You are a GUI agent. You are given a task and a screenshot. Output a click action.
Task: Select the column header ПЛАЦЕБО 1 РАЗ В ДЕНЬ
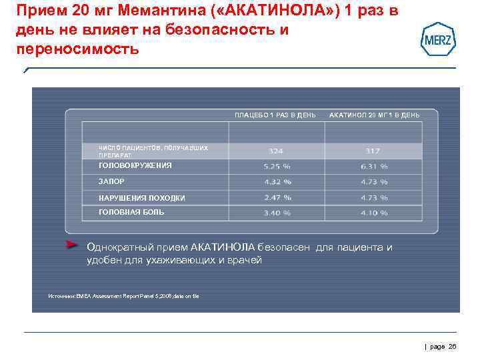click(275, 115)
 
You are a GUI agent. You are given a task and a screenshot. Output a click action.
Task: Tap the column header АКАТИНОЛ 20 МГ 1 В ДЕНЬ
click(375, 115)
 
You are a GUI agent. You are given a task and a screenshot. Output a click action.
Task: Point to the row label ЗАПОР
click(111, 181)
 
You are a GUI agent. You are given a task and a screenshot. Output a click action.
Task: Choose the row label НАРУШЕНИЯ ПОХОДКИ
click(142, 198)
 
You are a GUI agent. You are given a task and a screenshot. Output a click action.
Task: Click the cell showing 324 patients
click(276, 151)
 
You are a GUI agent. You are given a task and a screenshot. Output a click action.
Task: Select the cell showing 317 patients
click(373, 151)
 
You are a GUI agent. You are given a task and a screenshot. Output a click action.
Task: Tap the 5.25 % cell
click(277, 167)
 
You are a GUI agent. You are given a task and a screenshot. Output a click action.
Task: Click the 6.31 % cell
click(374, 167)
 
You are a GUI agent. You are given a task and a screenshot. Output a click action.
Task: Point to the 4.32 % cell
click(277, 181)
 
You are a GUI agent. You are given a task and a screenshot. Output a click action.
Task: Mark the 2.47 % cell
click(277, 197)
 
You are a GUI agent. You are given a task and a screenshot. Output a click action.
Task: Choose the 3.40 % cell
click(277, 213)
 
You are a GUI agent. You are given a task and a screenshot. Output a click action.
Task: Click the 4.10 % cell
click(374, 213)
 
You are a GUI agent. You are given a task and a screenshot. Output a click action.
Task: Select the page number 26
click(453, 346)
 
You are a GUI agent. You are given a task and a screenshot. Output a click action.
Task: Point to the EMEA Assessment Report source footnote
click(124, 296)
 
